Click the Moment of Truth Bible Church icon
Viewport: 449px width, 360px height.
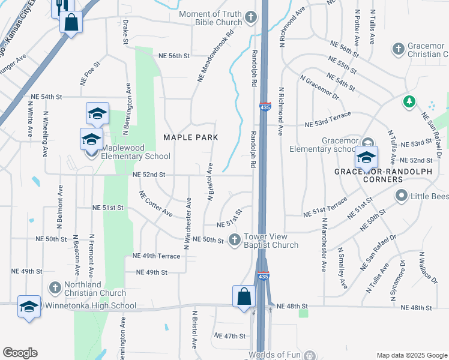tap(251, 19)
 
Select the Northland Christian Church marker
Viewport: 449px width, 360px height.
tap(55, 287)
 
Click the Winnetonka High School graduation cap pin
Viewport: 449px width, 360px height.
tap(29, 306)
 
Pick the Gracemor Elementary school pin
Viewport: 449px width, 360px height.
tap(366, 157)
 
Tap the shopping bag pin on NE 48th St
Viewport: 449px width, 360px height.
tap(244, 296)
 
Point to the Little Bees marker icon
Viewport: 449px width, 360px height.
tap(401, 196)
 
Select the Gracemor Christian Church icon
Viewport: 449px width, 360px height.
tap(397, 48)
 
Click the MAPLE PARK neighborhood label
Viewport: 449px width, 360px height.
tap(190, 137)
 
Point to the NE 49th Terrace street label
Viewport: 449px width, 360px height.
tap(155, 256)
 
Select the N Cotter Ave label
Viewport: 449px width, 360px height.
tap(155, 205)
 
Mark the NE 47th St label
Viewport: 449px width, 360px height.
tap(230, 337)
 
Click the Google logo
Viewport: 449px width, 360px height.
tap(20, 353)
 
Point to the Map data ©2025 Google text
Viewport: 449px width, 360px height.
tap(411, 355)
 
